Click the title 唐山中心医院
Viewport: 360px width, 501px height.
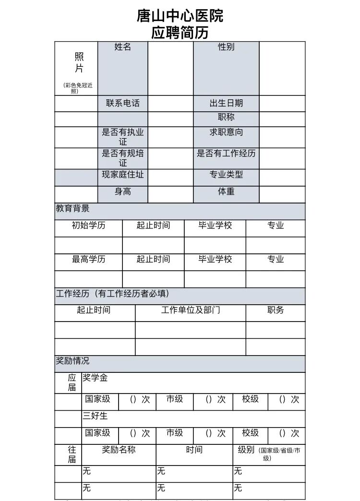click(180, 16)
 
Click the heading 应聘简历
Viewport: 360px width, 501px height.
click(180, 33)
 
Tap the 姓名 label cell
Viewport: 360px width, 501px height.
click(122, 47)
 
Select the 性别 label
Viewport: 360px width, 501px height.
click(226, 47)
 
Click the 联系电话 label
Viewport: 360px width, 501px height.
click(122, 103)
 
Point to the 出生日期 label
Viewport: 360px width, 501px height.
click(226, 103)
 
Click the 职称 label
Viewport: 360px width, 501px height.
click(226, 117)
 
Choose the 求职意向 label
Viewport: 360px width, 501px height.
click(226, 132)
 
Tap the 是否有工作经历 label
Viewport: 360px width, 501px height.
click(226, 154)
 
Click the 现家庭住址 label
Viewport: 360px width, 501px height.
click(122, 175)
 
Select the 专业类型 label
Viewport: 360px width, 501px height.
click(226, 175)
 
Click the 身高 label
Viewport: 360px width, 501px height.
click(122, 191)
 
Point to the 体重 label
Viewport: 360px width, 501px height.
click(226, 191)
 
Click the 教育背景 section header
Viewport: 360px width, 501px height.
click(72, 209)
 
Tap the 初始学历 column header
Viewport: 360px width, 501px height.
click(88, 226)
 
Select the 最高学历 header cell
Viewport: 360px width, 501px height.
click(88, 259)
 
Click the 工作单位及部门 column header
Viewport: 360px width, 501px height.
click(191, 310)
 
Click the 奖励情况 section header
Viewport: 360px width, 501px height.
click(72, 361)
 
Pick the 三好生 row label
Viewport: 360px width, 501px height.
click(95, 416)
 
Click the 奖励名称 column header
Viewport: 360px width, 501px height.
click(119, 450)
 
